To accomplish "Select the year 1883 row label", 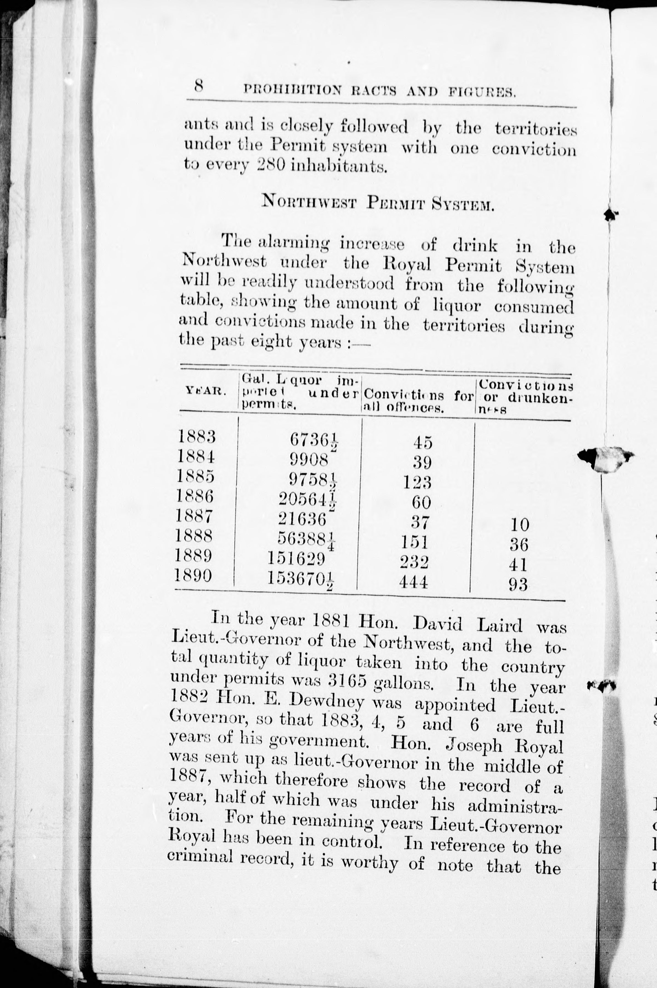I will pos(197,437).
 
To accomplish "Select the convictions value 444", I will pos(414,582).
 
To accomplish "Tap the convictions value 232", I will pos(414,562).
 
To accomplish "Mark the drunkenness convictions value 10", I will pos(520,525).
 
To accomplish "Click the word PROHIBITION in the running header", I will pos(292,90).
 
